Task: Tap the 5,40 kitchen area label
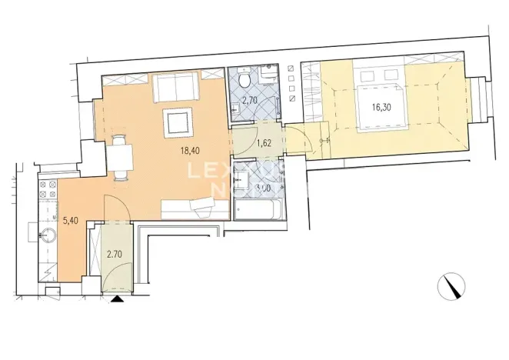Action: [70, 219]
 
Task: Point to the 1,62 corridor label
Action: [263, 143]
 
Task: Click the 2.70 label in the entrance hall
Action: [115, 253]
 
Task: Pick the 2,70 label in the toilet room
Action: [250, 99]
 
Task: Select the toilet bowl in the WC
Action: [244, 78]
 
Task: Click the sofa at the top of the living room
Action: [178, 88]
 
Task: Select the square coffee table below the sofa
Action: [178, 121]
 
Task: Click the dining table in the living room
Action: [120, 158]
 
